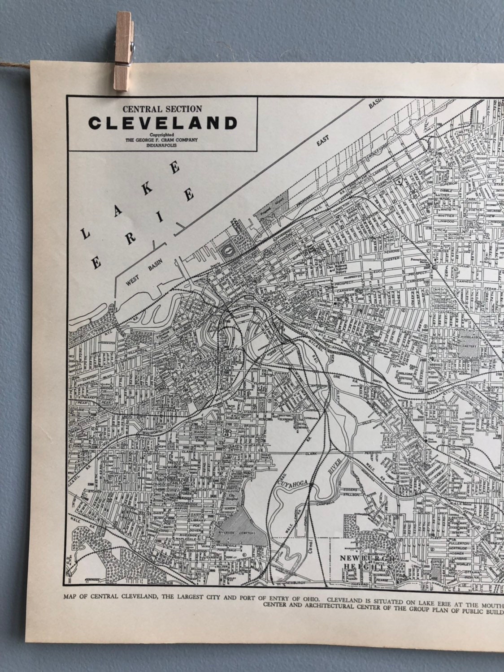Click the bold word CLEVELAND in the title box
click(x=163, y=122)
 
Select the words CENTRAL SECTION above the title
click(x=162, y=108)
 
